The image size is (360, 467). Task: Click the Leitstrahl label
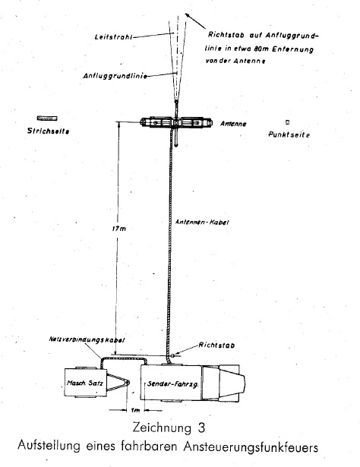pos(113,37)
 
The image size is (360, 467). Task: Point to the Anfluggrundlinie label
pos(115,76)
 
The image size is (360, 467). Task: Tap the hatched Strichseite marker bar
pos(47,118)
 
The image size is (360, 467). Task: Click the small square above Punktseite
pos(287,121)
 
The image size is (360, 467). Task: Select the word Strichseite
pos(49,131)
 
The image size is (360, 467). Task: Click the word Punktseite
pos(289,134)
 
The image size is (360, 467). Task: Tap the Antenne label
pos(233,124)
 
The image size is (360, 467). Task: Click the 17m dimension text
pos(119,229)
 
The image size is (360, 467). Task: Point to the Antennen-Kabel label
pos(202,222)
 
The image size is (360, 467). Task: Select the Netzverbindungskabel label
pos(87,340)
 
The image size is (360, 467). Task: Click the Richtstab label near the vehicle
pos(216,346)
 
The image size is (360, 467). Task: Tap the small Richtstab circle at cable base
pos(172,355)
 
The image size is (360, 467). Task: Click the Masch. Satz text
pos(85,383)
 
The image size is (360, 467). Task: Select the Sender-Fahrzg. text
pos(173,384)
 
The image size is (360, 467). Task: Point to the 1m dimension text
pos(135,410)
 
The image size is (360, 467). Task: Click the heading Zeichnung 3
pos(169,428)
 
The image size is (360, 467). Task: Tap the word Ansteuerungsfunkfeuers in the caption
pos(251,446)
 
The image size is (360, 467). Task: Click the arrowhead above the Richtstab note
pos(187,15)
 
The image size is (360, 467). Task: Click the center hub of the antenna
pos(176,122)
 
